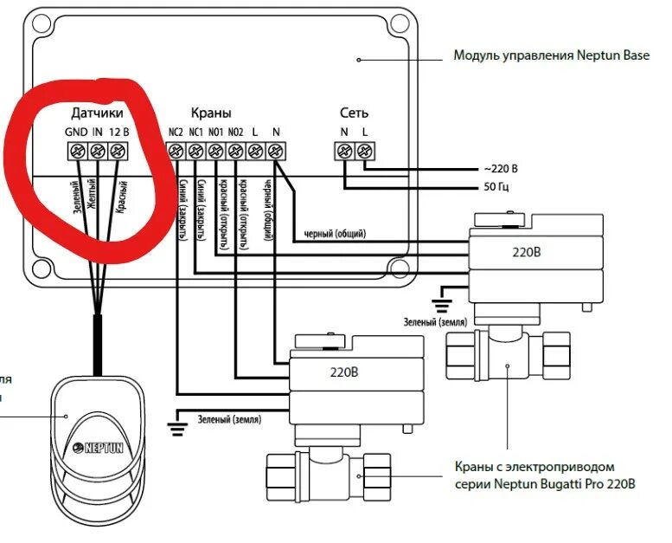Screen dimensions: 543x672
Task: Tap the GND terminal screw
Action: pyautogui.click(x=74, y=152)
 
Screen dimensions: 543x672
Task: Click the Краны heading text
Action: pyautogui.click(x=211, y=113)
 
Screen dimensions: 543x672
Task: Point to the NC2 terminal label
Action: pyautogui.click(x=176, y=133)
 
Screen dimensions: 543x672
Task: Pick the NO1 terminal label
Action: pyautogui.click(x=215, y=133)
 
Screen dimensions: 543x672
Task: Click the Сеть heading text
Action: pyautogui.click(x=354, y=113)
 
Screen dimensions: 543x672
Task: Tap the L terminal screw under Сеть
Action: pyautogui.click(x=364, y=152)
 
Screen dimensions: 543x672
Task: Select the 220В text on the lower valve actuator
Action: pyautogui.click(x=343, y=374)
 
